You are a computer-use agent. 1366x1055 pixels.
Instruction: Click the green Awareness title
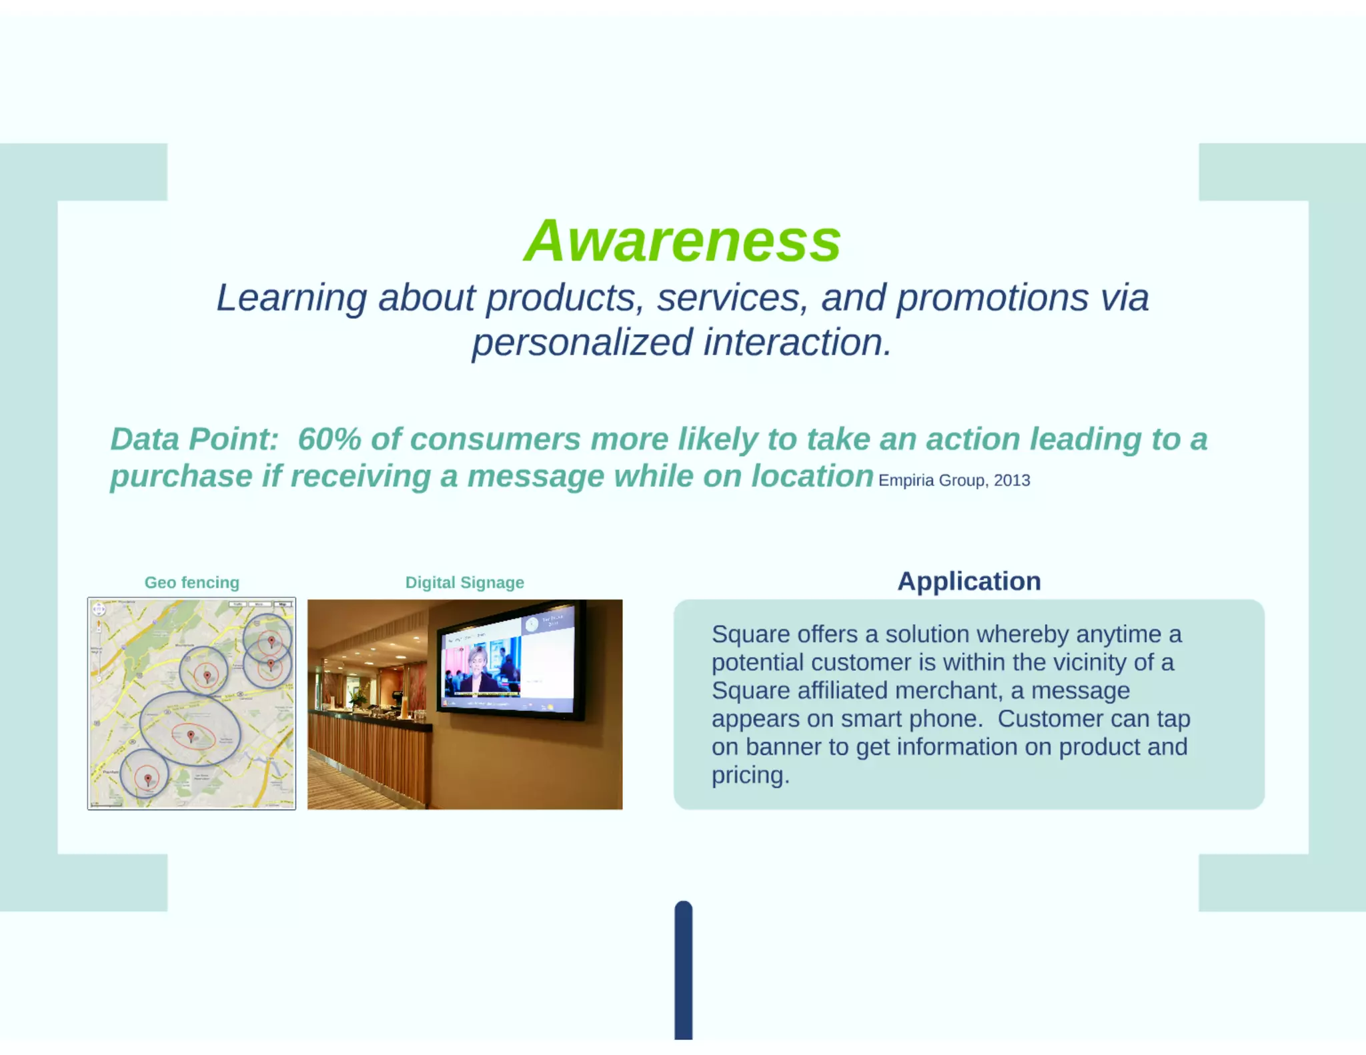coord(682,241)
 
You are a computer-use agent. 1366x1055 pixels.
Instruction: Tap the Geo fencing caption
coord(191,582)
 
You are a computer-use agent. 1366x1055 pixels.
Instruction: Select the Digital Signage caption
coord(464,582)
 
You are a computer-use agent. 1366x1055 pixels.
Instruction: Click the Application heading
coord(968,581)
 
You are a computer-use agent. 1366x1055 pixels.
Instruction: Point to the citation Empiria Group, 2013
coord(954,480)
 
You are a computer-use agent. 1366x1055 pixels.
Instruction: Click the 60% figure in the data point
coord(329,439)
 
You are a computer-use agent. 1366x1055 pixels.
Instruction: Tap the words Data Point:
coord(194,439)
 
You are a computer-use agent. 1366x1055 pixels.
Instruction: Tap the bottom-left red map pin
coord(147,779)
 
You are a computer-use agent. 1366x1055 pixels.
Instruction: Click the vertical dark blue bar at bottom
coord(683,970)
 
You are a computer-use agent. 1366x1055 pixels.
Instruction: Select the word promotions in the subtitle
coord(992,298)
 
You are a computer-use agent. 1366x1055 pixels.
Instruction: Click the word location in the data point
coord(812,477)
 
